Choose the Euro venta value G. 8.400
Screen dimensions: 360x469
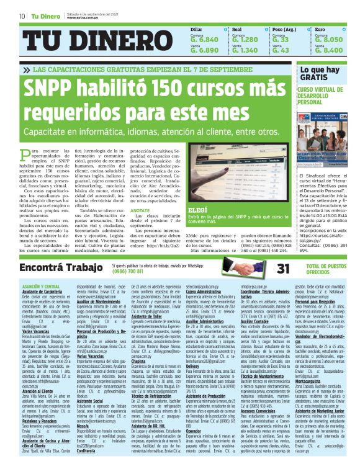click(329, 50)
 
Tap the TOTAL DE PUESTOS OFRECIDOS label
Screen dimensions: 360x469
click(318, 269)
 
